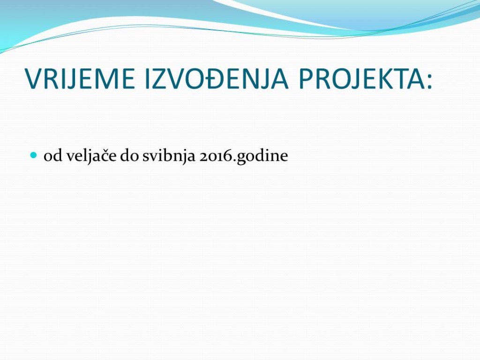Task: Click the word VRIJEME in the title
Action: click(80, 79)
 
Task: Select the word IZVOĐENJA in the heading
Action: click(217, 79)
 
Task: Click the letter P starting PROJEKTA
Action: click(306, 79)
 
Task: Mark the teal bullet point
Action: click(34, 155)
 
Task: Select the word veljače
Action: click(91, 156)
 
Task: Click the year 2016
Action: click(214, 156)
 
